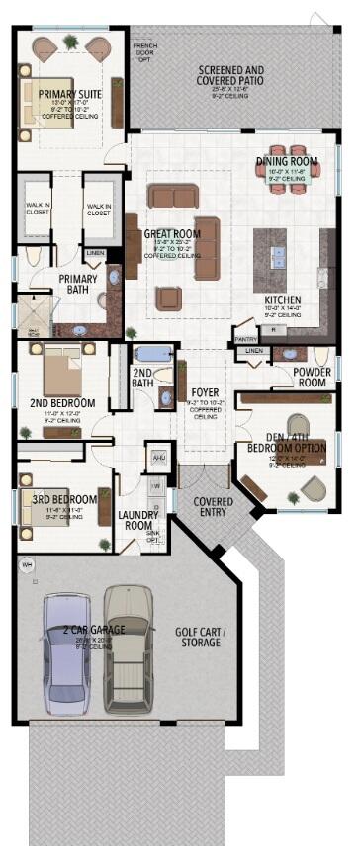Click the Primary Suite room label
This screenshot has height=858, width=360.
point(69,94)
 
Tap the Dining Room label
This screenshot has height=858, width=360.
point(286,161)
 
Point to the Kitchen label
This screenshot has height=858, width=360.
point(283,300)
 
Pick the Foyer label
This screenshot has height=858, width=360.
point(205,392)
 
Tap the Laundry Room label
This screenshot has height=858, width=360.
point(135,520)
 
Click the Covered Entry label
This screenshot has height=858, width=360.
point(214,507)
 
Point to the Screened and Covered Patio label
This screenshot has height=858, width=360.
point(230,76)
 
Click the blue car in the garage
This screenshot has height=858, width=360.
point(66,653)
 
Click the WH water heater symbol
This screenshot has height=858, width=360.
point(27,565)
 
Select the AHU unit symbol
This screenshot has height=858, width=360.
point(157,458)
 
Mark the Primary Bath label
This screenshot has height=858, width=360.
point(77,285)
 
